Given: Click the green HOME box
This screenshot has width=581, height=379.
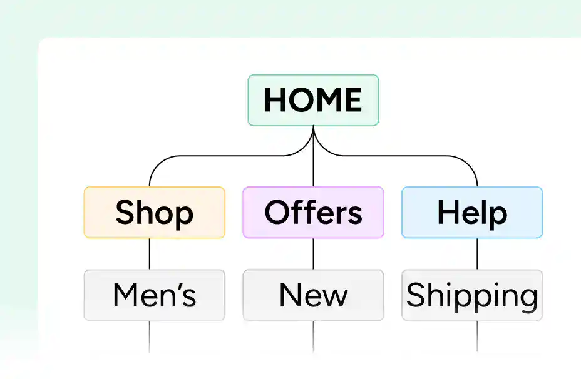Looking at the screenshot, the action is tap(313, 100).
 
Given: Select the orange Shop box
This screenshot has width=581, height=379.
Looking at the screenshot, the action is tap(155, 213).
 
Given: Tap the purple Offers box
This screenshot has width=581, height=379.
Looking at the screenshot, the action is tap(313, 213).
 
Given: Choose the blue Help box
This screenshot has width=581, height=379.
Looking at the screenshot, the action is tap(472, 213).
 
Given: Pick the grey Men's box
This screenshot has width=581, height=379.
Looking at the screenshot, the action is tap(155, 295).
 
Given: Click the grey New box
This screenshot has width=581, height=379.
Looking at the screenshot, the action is tap(313, 295).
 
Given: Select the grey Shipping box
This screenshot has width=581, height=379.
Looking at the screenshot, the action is tap(472, 295).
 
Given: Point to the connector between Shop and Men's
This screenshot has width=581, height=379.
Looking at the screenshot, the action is tap(150, 254).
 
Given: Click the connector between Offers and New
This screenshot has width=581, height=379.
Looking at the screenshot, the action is tap(313, 254).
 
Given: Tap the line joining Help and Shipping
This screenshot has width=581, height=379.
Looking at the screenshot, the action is tap(477, 254).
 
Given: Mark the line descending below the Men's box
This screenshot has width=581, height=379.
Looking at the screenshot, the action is tap(150, 337).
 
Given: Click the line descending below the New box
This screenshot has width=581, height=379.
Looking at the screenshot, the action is tap(313, 337).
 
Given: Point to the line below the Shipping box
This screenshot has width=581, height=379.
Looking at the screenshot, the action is tap(477, 337).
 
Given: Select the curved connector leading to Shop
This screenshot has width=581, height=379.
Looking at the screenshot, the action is tap(222, 156).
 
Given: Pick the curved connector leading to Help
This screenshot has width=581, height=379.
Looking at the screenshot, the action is tap(404, 156).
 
